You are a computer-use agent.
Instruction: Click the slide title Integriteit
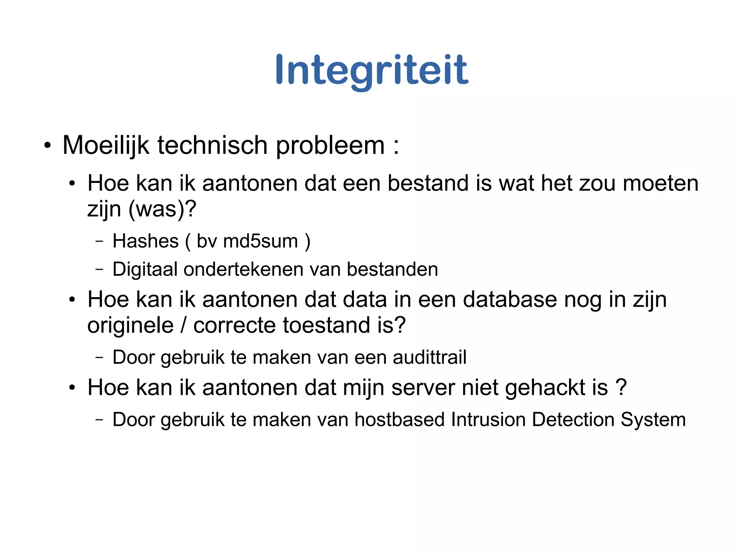[x=372, y=70]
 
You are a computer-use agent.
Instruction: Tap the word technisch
[x=212, y=145]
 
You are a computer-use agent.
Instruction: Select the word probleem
[x=330, y=146]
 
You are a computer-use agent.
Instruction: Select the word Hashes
[x=145, y=241]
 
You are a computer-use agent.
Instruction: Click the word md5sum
[x=261, y=241]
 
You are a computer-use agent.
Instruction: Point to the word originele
[x=131, y=325]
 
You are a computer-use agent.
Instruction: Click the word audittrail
[x=429, y=357]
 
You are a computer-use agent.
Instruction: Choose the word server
[x=423, y=388]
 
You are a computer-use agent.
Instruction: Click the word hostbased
[x=399, y=420]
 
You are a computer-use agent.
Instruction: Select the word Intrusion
[x=488, y=420]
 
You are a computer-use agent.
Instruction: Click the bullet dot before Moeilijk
[x=47, y=146]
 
